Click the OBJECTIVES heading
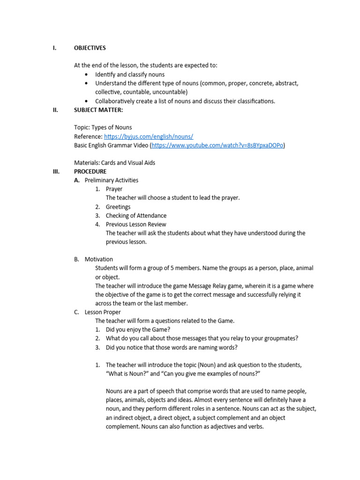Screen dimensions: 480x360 [90, 48]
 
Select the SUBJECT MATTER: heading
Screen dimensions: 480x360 [99, 110]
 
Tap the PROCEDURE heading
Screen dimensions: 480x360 [90, 172]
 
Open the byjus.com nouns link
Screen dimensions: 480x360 [149, 136]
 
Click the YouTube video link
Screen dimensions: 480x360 [217, 145]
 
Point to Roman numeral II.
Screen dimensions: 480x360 [55, 110]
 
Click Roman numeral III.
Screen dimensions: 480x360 [56, 172]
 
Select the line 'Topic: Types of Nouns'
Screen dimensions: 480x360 [103, 127]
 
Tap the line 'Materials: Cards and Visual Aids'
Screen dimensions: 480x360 [114, 163]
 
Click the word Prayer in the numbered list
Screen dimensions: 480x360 [114, 189]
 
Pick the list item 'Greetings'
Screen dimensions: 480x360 [118, 207]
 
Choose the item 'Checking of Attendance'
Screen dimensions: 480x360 [136, 216]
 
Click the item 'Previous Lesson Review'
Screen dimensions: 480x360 [136, 225]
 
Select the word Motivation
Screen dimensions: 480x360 [98, 259]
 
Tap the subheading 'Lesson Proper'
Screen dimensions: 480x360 [103, 312]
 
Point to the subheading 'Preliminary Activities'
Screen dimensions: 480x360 [111, 180]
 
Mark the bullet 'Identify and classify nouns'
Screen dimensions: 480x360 [130, 75]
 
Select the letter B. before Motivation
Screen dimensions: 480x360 [76, 259]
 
